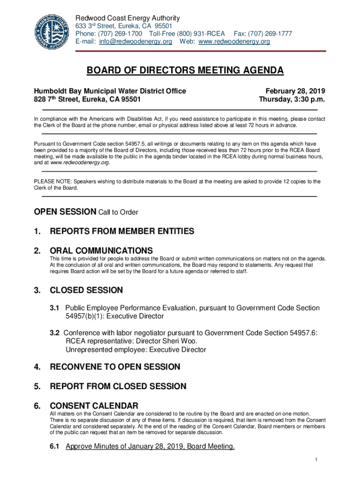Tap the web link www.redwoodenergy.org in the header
pyautogui.click(x=234, y=42)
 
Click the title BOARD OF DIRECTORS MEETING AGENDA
pyautogui.click(x=185, y=71)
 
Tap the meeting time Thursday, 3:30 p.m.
pyautogui.click(x=292, y=100)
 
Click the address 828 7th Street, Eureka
pyautogui.click(x=87, y=100)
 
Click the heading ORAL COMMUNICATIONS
pyautogui.click(x=101, y=250)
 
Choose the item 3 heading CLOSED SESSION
pyautogui.click(x=86, y=290)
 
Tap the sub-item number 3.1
pyautogui.click(x=55, y=308)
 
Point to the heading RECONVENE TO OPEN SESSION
pyautogui.click(x=115, y=367)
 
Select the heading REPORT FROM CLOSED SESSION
pyautogui.click(x=118, y=386)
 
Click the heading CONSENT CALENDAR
pyautogui.click(x=94, y=406)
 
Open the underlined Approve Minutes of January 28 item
pyautogui.click(x=150, y=446)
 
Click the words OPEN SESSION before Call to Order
pyautogui.click(x=65, y=212)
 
